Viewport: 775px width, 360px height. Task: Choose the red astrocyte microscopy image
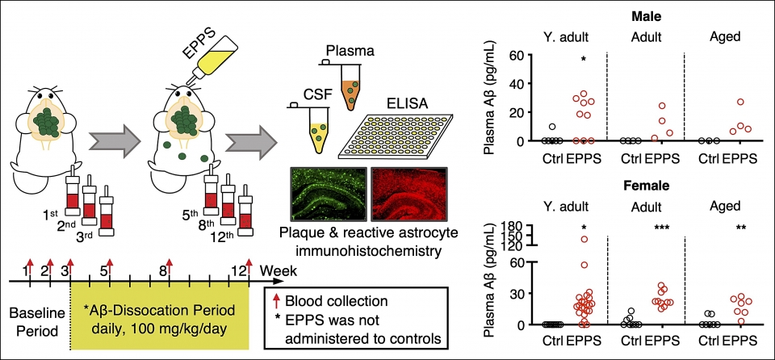click(407, 193)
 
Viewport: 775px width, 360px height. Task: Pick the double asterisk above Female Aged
click(739, 228)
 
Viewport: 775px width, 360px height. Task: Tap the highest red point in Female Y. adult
click(583, 240)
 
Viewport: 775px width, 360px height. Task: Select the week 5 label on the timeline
click(103, 270)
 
